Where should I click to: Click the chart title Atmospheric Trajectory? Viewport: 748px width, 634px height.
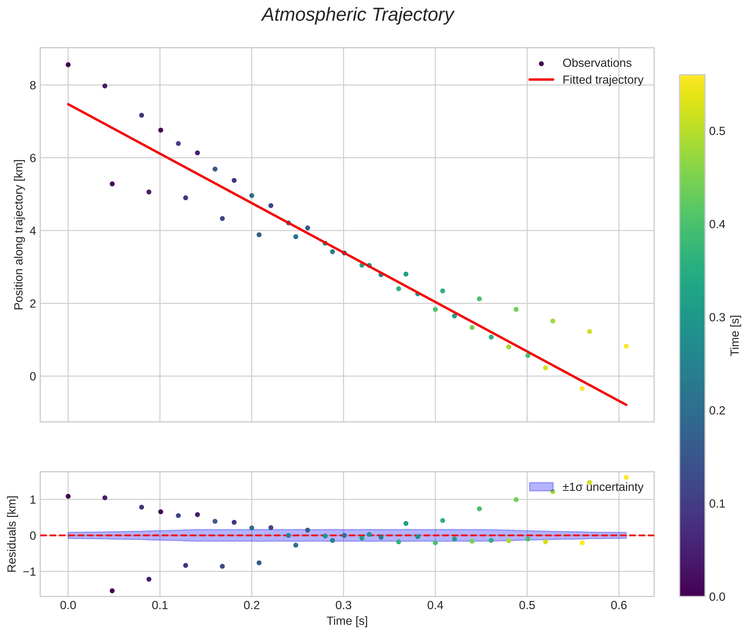tap(357, 15)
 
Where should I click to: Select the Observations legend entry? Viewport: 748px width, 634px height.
tap(596, 63)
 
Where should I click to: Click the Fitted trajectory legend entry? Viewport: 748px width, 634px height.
tap(602, 80)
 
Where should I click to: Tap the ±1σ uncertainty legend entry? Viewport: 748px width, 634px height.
tap(602, 487)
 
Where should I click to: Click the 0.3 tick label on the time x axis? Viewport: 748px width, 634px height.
tap(343, 605)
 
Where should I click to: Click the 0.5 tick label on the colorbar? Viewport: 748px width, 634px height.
tap(717, 131)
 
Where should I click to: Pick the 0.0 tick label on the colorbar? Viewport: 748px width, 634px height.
tap(717, 597)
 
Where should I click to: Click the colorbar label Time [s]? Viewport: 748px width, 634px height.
tap(735, 335)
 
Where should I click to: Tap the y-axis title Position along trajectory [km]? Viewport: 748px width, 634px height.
tap(19, 235)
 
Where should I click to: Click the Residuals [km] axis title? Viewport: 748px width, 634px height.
tap(12, 534)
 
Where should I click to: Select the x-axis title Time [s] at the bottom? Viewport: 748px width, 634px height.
tap(347, 621)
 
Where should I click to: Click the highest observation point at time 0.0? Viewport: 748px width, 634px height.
tap(68, 65)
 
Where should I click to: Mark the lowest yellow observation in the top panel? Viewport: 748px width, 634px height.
tap(582, 388)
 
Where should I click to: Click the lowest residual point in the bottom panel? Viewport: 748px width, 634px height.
tap(112, 591)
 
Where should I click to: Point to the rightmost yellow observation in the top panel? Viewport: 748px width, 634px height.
tap(626, 346)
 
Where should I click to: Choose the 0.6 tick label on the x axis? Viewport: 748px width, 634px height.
tap(619, 605)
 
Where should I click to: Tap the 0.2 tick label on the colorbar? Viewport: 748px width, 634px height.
tap(717, 411)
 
